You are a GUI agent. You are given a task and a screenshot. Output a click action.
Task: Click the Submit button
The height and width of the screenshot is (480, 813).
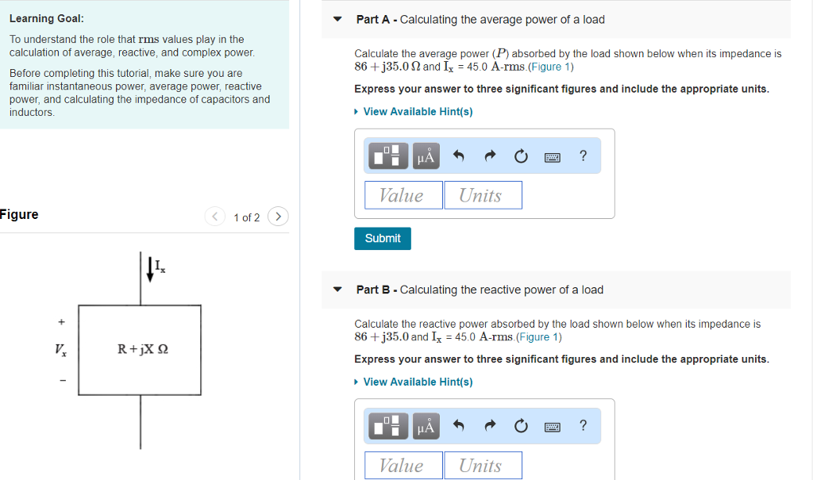(x=383, y=238)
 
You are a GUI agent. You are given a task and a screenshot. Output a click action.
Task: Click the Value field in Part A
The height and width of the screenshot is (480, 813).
(x=403, y=195)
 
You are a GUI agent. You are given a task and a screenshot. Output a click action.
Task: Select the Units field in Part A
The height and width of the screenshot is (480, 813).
(x=482, y=195)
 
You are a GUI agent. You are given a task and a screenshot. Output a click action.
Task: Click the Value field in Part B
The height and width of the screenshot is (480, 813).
(x=403, y=466)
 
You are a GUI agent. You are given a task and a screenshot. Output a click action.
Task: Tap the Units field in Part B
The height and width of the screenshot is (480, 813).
(x=482, y=466)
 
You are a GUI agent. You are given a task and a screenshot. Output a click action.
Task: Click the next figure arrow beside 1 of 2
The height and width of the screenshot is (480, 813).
(x=278, y=217)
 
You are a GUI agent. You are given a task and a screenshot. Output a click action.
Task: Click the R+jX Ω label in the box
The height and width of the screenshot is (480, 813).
(x=143, y=349)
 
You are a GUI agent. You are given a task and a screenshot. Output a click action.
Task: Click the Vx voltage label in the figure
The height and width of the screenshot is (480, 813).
(x=60, y=349)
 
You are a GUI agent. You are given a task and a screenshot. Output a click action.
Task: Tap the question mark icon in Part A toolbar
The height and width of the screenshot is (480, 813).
(x=584, y=156)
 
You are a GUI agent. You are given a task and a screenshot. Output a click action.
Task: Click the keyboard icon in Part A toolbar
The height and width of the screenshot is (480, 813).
(x=552, y=157)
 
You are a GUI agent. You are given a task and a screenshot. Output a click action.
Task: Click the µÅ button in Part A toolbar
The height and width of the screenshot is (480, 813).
(x=426, y=156)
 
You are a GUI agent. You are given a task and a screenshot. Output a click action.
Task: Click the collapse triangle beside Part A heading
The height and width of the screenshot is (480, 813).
(x=338, y=20)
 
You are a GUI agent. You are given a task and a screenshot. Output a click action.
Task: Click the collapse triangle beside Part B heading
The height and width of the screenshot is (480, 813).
(x=338, y=290)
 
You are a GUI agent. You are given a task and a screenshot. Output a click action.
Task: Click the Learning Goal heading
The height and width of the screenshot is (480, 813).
(x=46, y=18)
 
